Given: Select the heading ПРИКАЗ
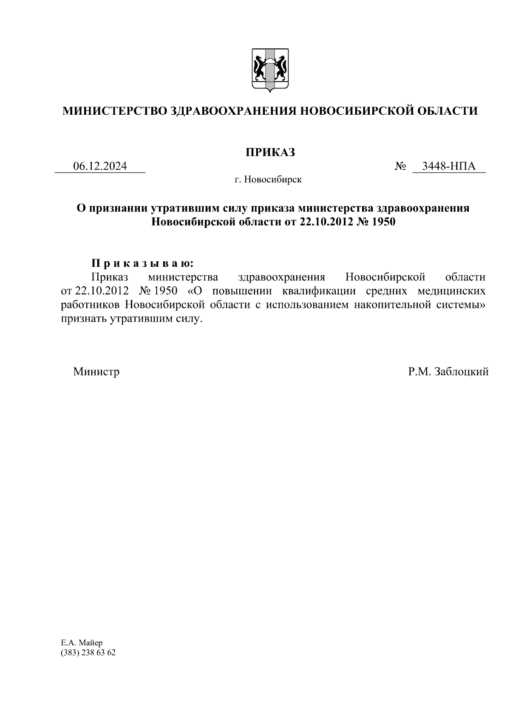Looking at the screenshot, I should click(x=270, y=153).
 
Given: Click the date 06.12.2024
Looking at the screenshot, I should click(x=100, y=166).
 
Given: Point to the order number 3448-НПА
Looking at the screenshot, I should click(x=449, y=166).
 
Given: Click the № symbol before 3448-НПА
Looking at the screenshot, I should click(x=400, y=166).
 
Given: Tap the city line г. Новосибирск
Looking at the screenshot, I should click(x=268, y=180).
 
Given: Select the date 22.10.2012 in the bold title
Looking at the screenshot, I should click(x=327, y=222).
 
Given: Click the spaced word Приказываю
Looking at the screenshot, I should click(x=143, y=263).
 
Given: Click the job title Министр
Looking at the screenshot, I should click(x=96, y=372).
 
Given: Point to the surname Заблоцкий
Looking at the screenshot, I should click(x=461, y=372).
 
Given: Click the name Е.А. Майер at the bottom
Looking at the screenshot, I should click(x=82, y=643).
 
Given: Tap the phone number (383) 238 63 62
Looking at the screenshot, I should click(x=88, y=653).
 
